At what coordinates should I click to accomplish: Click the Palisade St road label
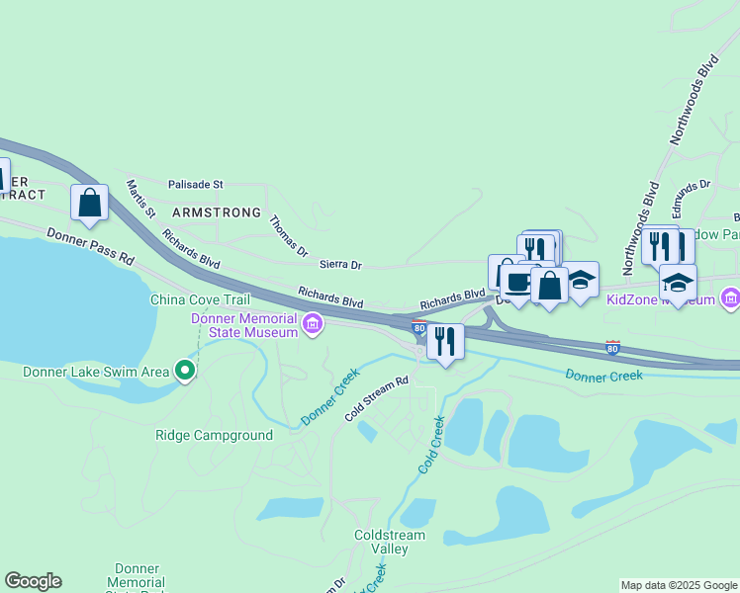pos(196,185)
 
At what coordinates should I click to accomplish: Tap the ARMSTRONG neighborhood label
pos(217,212)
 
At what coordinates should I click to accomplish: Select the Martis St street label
pos(141,198)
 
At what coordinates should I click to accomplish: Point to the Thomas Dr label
pos(289,236)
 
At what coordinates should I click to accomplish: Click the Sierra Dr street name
pos(340,265)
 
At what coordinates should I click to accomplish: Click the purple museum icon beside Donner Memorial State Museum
pos(313,324)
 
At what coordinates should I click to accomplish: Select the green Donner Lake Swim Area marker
pos(185,372)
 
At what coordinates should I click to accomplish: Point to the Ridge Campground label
pos(214,435)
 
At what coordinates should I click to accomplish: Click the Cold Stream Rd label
pos(376,398)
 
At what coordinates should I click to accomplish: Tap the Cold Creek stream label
pos(430,444)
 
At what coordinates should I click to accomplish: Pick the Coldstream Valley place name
pos(389,542)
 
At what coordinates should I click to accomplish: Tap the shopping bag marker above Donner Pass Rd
pos(90,203)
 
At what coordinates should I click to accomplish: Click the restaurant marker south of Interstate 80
pos(445,342)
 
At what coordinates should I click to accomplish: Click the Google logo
pos(33,581)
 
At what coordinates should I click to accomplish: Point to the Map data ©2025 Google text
pos(678,585)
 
